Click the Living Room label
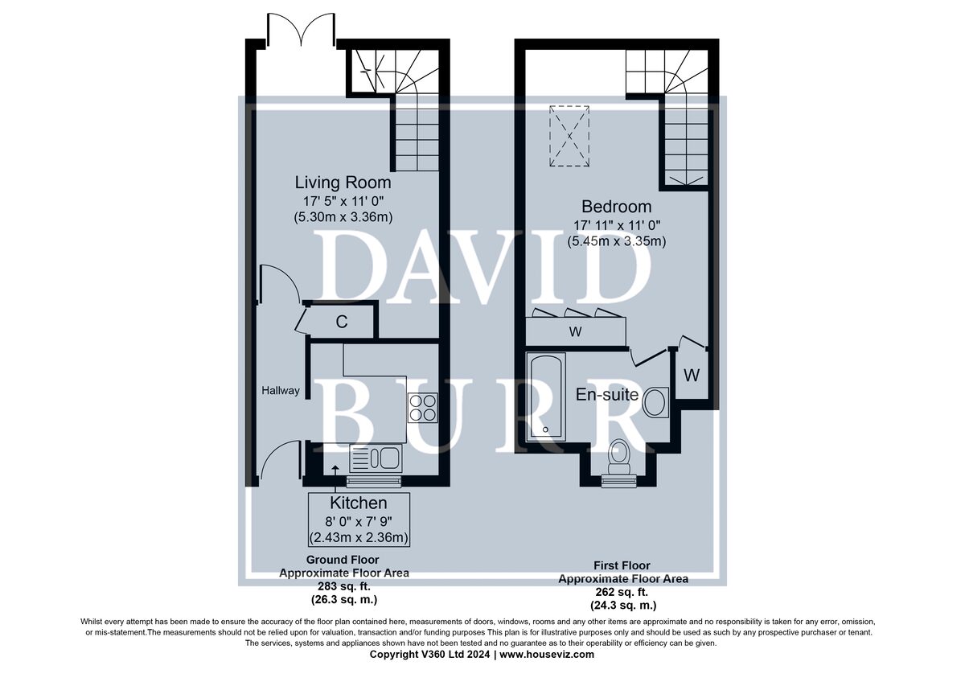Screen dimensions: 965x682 343,183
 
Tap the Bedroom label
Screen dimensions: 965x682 617,207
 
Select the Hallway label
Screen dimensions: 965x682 281,391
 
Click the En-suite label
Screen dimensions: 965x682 607,395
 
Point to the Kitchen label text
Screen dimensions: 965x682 359,503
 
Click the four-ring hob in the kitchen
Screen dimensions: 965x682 423,408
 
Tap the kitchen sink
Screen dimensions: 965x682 376,458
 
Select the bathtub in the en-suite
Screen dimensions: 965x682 546,396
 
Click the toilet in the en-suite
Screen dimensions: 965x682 618,457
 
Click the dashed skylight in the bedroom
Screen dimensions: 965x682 569,136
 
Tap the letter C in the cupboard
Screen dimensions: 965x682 342,322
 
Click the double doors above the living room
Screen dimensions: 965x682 301,29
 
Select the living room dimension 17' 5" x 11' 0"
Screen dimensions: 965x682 343,201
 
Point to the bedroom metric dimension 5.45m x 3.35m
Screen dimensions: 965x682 617,241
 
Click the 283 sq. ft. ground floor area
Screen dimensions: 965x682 344,586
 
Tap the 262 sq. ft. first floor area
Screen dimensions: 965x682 622,592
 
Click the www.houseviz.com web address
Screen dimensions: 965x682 547,655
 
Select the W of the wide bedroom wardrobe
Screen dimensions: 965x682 576,331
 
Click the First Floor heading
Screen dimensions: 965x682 622,565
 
